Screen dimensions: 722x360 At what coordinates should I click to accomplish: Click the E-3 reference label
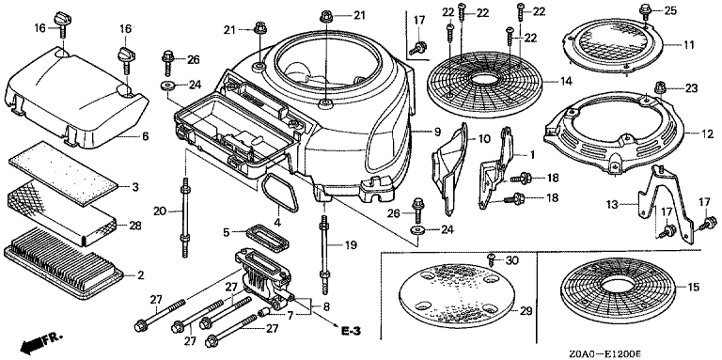(350, 330)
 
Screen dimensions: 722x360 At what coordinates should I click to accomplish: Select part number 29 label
(526, 311)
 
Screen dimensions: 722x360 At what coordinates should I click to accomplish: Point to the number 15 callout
(694, 288)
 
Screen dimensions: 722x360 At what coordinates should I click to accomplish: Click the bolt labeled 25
(646, 10)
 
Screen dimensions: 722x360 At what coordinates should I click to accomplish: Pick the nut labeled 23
(659, 86)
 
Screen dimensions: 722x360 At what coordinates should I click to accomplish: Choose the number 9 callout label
(437, 132)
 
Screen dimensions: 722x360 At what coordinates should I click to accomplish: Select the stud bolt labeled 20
(185, 217)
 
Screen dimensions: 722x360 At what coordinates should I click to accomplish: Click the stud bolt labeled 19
(324, 252)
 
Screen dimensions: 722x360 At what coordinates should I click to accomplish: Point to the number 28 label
(135, 226)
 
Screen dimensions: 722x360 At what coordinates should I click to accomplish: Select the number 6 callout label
(145, 136)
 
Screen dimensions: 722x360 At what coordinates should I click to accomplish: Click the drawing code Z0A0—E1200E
(604, 353)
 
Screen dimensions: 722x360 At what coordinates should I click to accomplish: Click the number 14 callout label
(566, 82)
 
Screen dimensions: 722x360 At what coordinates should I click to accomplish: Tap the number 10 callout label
(485, 138)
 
